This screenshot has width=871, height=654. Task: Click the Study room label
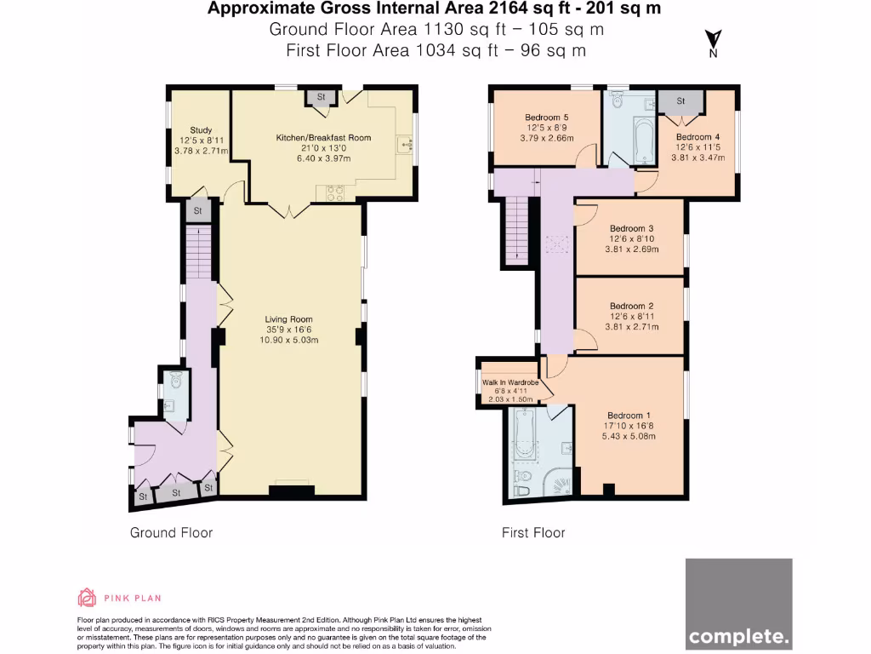[201, 130]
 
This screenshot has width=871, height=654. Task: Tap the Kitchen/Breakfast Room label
[323, 137]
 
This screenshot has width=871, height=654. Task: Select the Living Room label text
[289, 319]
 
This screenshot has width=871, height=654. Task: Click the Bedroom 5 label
[547, 118]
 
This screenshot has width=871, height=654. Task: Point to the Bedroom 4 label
[698, 136]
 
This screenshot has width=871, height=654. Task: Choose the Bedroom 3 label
[632, 228]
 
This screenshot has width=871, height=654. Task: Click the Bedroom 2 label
[632, 306]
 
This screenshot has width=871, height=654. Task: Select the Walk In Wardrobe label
[510, 382]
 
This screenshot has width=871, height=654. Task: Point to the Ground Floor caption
[171, 533]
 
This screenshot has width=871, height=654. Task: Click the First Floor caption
[533, 533]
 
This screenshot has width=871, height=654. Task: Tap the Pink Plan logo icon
[87, 597]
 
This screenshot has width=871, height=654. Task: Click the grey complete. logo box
[738, 604]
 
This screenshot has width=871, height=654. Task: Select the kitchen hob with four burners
[330, 193]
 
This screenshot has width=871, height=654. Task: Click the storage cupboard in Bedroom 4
[681, 101]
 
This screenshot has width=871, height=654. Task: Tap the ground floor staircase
[196, 248]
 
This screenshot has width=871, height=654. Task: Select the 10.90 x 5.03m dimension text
[289, 340]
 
